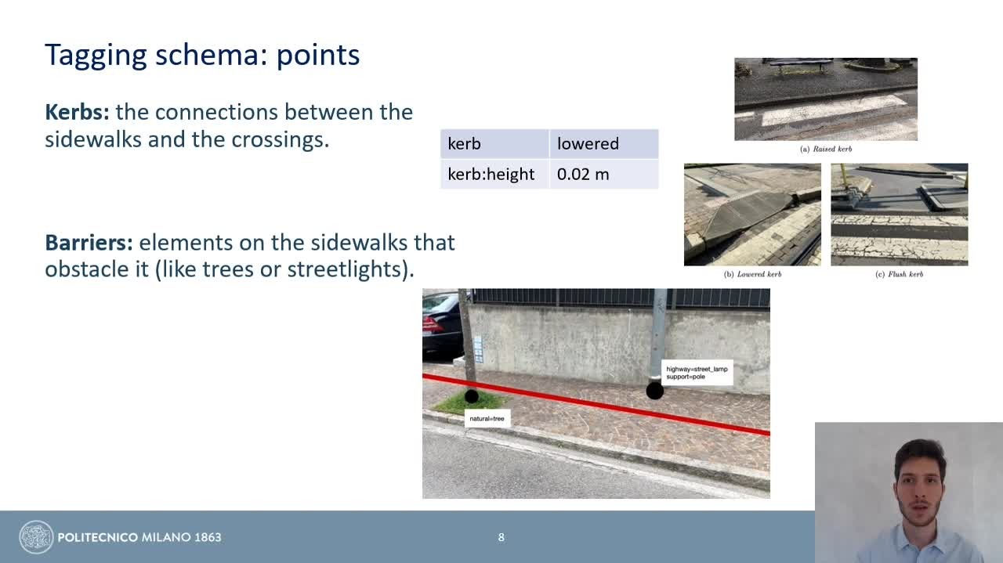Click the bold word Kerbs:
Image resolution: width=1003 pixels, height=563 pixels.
pyautogui.click(x=77, y=112)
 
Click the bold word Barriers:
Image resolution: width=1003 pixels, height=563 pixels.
pyautogui.click(x=89, y=243)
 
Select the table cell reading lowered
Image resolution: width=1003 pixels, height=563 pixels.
pyautogui.click(x=604, y=143)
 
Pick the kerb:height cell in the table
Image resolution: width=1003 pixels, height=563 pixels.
pyautogui.click(x=494, y=174)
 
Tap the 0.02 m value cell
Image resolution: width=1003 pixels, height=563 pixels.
pyautogui.click(x=604, y=174)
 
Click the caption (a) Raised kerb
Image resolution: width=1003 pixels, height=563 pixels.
pyautogui.click(x=826, y=149)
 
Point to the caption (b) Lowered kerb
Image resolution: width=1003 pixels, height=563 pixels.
pyautogui.click(x=752, y=274)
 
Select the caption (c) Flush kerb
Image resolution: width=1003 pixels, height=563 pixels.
pyautogui.click(x=899, y=274)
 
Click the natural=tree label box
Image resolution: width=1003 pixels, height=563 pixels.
pyautogui.click(x=487, y=418)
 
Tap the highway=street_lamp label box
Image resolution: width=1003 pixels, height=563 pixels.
pyautogui.click(x=697, y=373)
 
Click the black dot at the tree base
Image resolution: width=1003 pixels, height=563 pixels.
pyautogui.click(x=472, y=396)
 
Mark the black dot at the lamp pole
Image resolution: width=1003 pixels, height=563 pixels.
pyautogui.click(x=654, y=391)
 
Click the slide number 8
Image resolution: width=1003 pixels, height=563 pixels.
pyautogui.click(x=501, y=537)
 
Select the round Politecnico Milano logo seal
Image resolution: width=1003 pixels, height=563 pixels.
pyautogui.click(x=36, y=537)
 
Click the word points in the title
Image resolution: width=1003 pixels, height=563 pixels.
pyautogui.click(x=318, y=56)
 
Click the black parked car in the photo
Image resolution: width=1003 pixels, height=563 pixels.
pyautogui.click(x=442, y=327)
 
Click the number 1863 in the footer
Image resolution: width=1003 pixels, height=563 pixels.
pyautogui.click(x=208, y=537)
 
